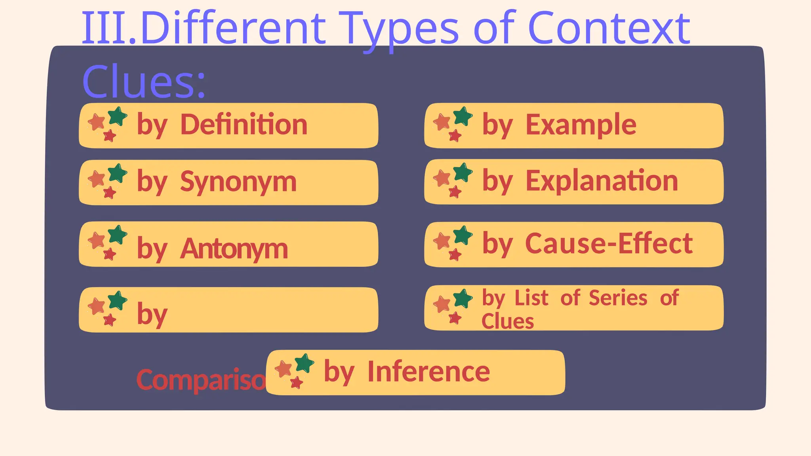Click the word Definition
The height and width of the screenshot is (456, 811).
pos(244,124)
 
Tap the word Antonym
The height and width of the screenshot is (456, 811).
pos(234,249)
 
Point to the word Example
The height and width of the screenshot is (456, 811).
pos(581,124)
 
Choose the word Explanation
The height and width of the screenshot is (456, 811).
pos(602,181)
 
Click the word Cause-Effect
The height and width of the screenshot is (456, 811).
pos(609,243)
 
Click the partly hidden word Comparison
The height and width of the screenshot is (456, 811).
pos(200,380)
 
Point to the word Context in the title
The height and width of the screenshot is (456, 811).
pos(609,28)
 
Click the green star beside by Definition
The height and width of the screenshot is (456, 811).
pos(117,116)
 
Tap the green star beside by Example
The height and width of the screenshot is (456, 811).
pos(463,116)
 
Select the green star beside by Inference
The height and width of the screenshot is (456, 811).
pos(304,363)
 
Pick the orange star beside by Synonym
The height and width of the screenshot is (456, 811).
pos(96,179)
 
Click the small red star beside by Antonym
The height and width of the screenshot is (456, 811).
pos(109,254)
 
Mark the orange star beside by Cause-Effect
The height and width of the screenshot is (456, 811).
pos(442,241)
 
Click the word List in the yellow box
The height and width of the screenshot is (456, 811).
pos(531,298)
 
